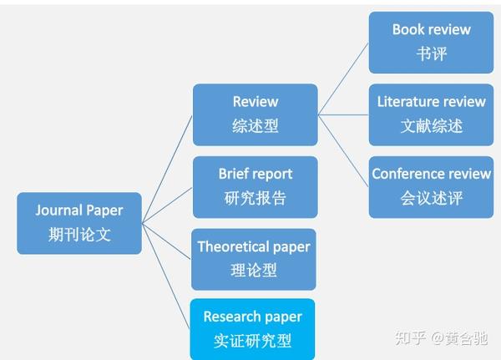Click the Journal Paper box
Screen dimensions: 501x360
point(79,223)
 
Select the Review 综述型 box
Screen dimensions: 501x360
point(256,114)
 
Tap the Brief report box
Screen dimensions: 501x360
point(256,187)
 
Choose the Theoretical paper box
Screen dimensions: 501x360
point(254,259)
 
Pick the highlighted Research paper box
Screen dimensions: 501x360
point(252,329)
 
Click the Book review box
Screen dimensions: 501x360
point(432,43)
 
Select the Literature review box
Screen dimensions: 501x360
point(432,114)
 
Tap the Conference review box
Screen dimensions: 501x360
point(432,187)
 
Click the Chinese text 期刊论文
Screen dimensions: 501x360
point(79,235)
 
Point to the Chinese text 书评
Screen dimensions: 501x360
point(432,53)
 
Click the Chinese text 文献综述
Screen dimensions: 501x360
point(432,125)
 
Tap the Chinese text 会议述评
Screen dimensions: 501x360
point(432,198)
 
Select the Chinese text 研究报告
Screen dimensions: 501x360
point(255,198)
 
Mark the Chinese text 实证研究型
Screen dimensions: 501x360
point(252,341)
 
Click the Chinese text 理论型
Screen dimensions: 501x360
point(254,270)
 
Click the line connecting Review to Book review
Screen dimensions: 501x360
point(343,79)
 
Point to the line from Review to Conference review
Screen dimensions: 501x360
point(343,150)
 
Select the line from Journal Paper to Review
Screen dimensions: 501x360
point(167,169)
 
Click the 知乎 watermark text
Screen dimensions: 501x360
point(410,338)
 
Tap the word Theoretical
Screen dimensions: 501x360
point(234,246)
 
